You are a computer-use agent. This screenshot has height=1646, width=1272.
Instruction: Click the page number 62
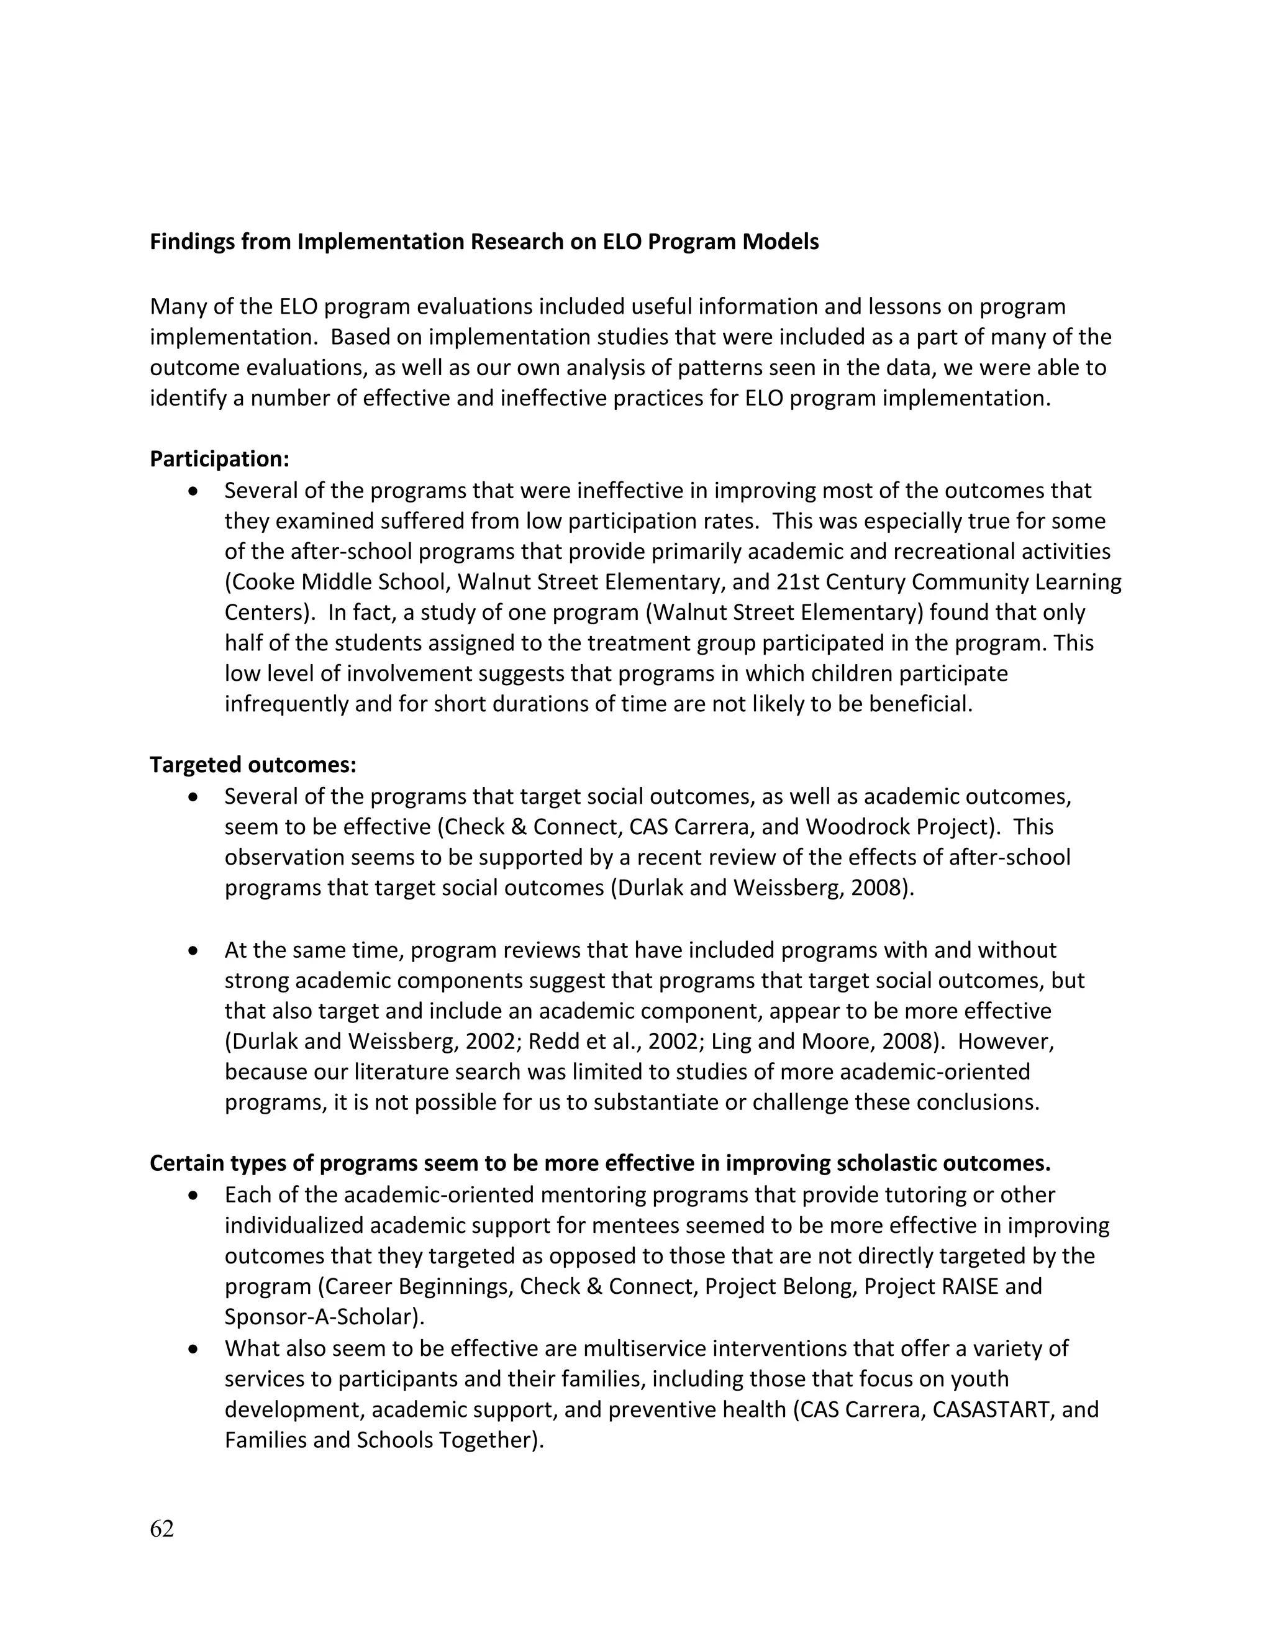(162, 1529)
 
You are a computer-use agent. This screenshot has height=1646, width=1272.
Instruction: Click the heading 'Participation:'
(219, 459)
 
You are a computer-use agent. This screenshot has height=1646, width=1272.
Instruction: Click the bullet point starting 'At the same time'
(194, 951)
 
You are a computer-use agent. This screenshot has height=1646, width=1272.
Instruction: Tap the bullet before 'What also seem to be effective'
(194, 1349)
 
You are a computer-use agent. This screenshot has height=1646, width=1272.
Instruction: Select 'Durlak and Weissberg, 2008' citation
(762, 888)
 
